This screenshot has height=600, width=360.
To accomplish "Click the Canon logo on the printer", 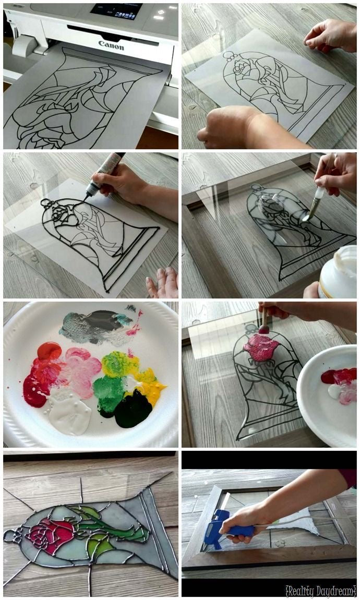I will point(111,45).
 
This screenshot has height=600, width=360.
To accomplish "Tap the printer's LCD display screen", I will point(116,10).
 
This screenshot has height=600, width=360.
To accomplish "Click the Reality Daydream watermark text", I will point(320,591).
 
